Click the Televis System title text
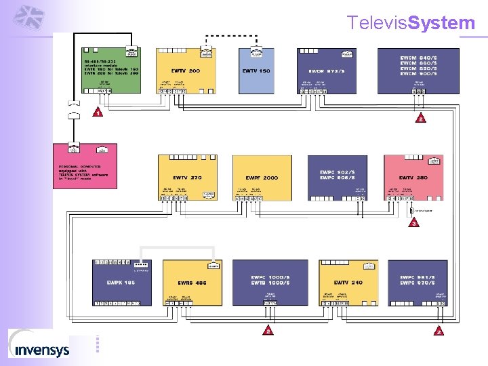click(411, 23)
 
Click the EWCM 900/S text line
click(418, 74)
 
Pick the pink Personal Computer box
click(84, 165)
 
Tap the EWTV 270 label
click(186, 178)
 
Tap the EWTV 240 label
click(348, 282)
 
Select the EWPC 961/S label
click(415, 277)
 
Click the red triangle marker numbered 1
click(98, 114)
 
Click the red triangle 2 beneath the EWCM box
click(420, 119)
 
